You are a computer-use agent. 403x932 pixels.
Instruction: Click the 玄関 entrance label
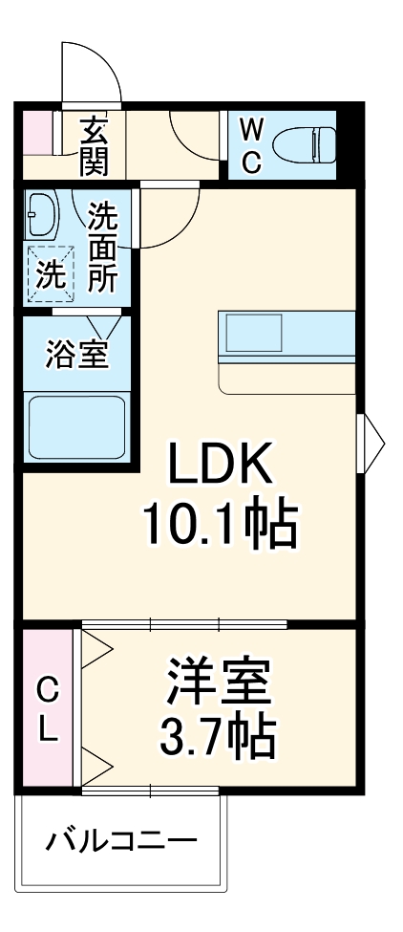94,144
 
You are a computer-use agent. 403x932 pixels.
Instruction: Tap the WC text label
249,144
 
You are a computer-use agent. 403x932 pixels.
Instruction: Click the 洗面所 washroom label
102,247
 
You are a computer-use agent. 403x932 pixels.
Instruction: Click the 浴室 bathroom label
76,353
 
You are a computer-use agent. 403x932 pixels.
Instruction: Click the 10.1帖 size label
222,523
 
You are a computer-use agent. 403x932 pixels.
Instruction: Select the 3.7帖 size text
219,734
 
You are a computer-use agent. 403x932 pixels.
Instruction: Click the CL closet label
47,708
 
